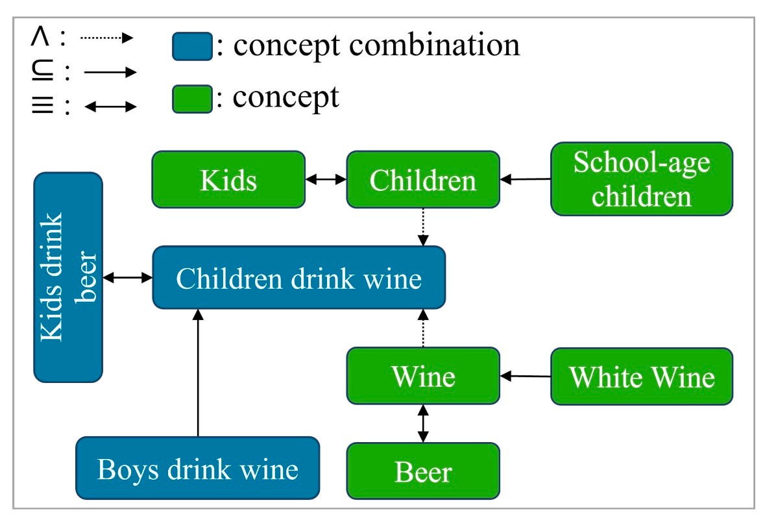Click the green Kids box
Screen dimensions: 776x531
coord(228,180)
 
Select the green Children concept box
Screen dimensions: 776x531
coord(423,180)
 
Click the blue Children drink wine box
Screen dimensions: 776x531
coord(299,278)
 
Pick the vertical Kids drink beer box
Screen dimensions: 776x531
coord(68,277)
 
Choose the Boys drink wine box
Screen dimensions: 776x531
coord(198,468)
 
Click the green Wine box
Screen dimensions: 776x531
coord(423,376)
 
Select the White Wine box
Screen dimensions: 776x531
coord(641,376)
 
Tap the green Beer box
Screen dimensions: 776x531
coord(423,471)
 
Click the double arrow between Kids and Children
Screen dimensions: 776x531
coord(326,180)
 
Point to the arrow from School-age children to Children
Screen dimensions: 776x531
coord(526,179)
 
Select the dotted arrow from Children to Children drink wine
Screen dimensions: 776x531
coord(423,227)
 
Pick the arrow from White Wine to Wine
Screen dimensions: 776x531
coord(526,376)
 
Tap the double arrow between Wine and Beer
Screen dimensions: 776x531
coord(423,423)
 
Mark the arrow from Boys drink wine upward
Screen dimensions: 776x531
coord(199,373)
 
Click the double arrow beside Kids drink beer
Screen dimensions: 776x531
coord(128,278)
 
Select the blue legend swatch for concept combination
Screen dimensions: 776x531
coord(192,47)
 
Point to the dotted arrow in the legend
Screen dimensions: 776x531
coord(106,38)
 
